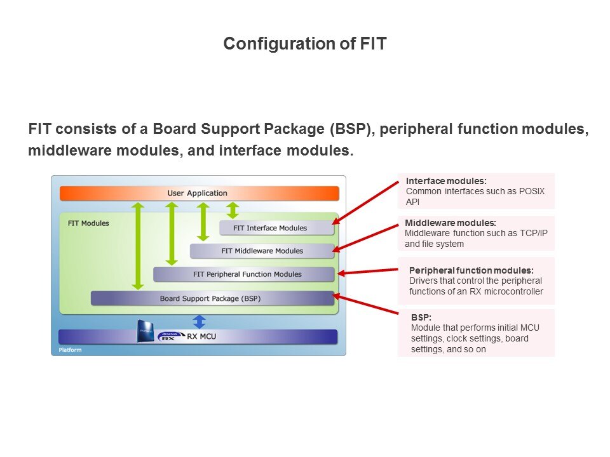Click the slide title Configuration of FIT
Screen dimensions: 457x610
305,44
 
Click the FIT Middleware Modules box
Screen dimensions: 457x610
262,251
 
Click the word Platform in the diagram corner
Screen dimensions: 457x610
70,350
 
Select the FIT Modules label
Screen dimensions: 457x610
88,223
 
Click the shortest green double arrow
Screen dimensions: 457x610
233,210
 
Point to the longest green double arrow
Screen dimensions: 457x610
139,246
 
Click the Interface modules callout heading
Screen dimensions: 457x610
446,181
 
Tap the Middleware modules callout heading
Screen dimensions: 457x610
451,223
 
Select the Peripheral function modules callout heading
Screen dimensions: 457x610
471,270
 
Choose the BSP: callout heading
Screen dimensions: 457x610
421,317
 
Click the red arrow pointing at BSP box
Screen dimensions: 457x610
366,304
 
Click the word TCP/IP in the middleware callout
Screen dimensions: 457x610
532,233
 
